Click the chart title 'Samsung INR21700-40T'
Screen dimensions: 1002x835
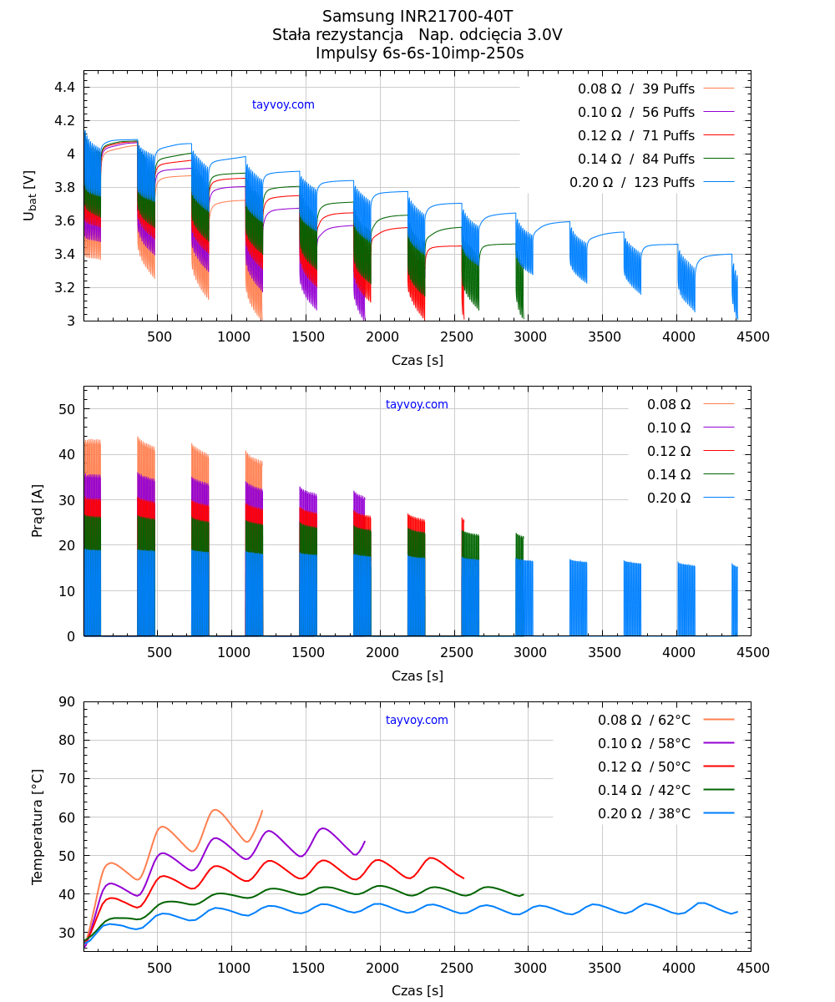[417, 16]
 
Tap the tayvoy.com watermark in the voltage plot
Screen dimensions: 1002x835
[283, 105]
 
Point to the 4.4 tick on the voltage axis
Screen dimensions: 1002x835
[66, 87]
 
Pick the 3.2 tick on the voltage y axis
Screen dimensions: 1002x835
[66, 287]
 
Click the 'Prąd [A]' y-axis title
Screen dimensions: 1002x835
[38, 511]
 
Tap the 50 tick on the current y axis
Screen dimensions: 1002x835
[68, 409]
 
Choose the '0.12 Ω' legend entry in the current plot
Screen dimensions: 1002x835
[669, 452]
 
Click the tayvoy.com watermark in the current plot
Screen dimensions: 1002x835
[417, 405]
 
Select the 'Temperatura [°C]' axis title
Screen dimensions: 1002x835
[38, 827]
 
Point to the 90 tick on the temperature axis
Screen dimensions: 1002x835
[68, 701]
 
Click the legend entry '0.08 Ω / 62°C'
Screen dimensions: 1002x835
[644, 720]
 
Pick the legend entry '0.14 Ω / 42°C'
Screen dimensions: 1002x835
[644, 790]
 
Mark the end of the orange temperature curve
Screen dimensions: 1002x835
[262, 810]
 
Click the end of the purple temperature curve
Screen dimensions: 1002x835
[365, 842]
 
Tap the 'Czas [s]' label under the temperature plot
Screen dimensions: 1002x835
[417, 991]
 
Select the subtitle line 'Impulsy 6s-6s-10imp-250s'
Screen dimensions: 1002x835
[419, 53]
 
